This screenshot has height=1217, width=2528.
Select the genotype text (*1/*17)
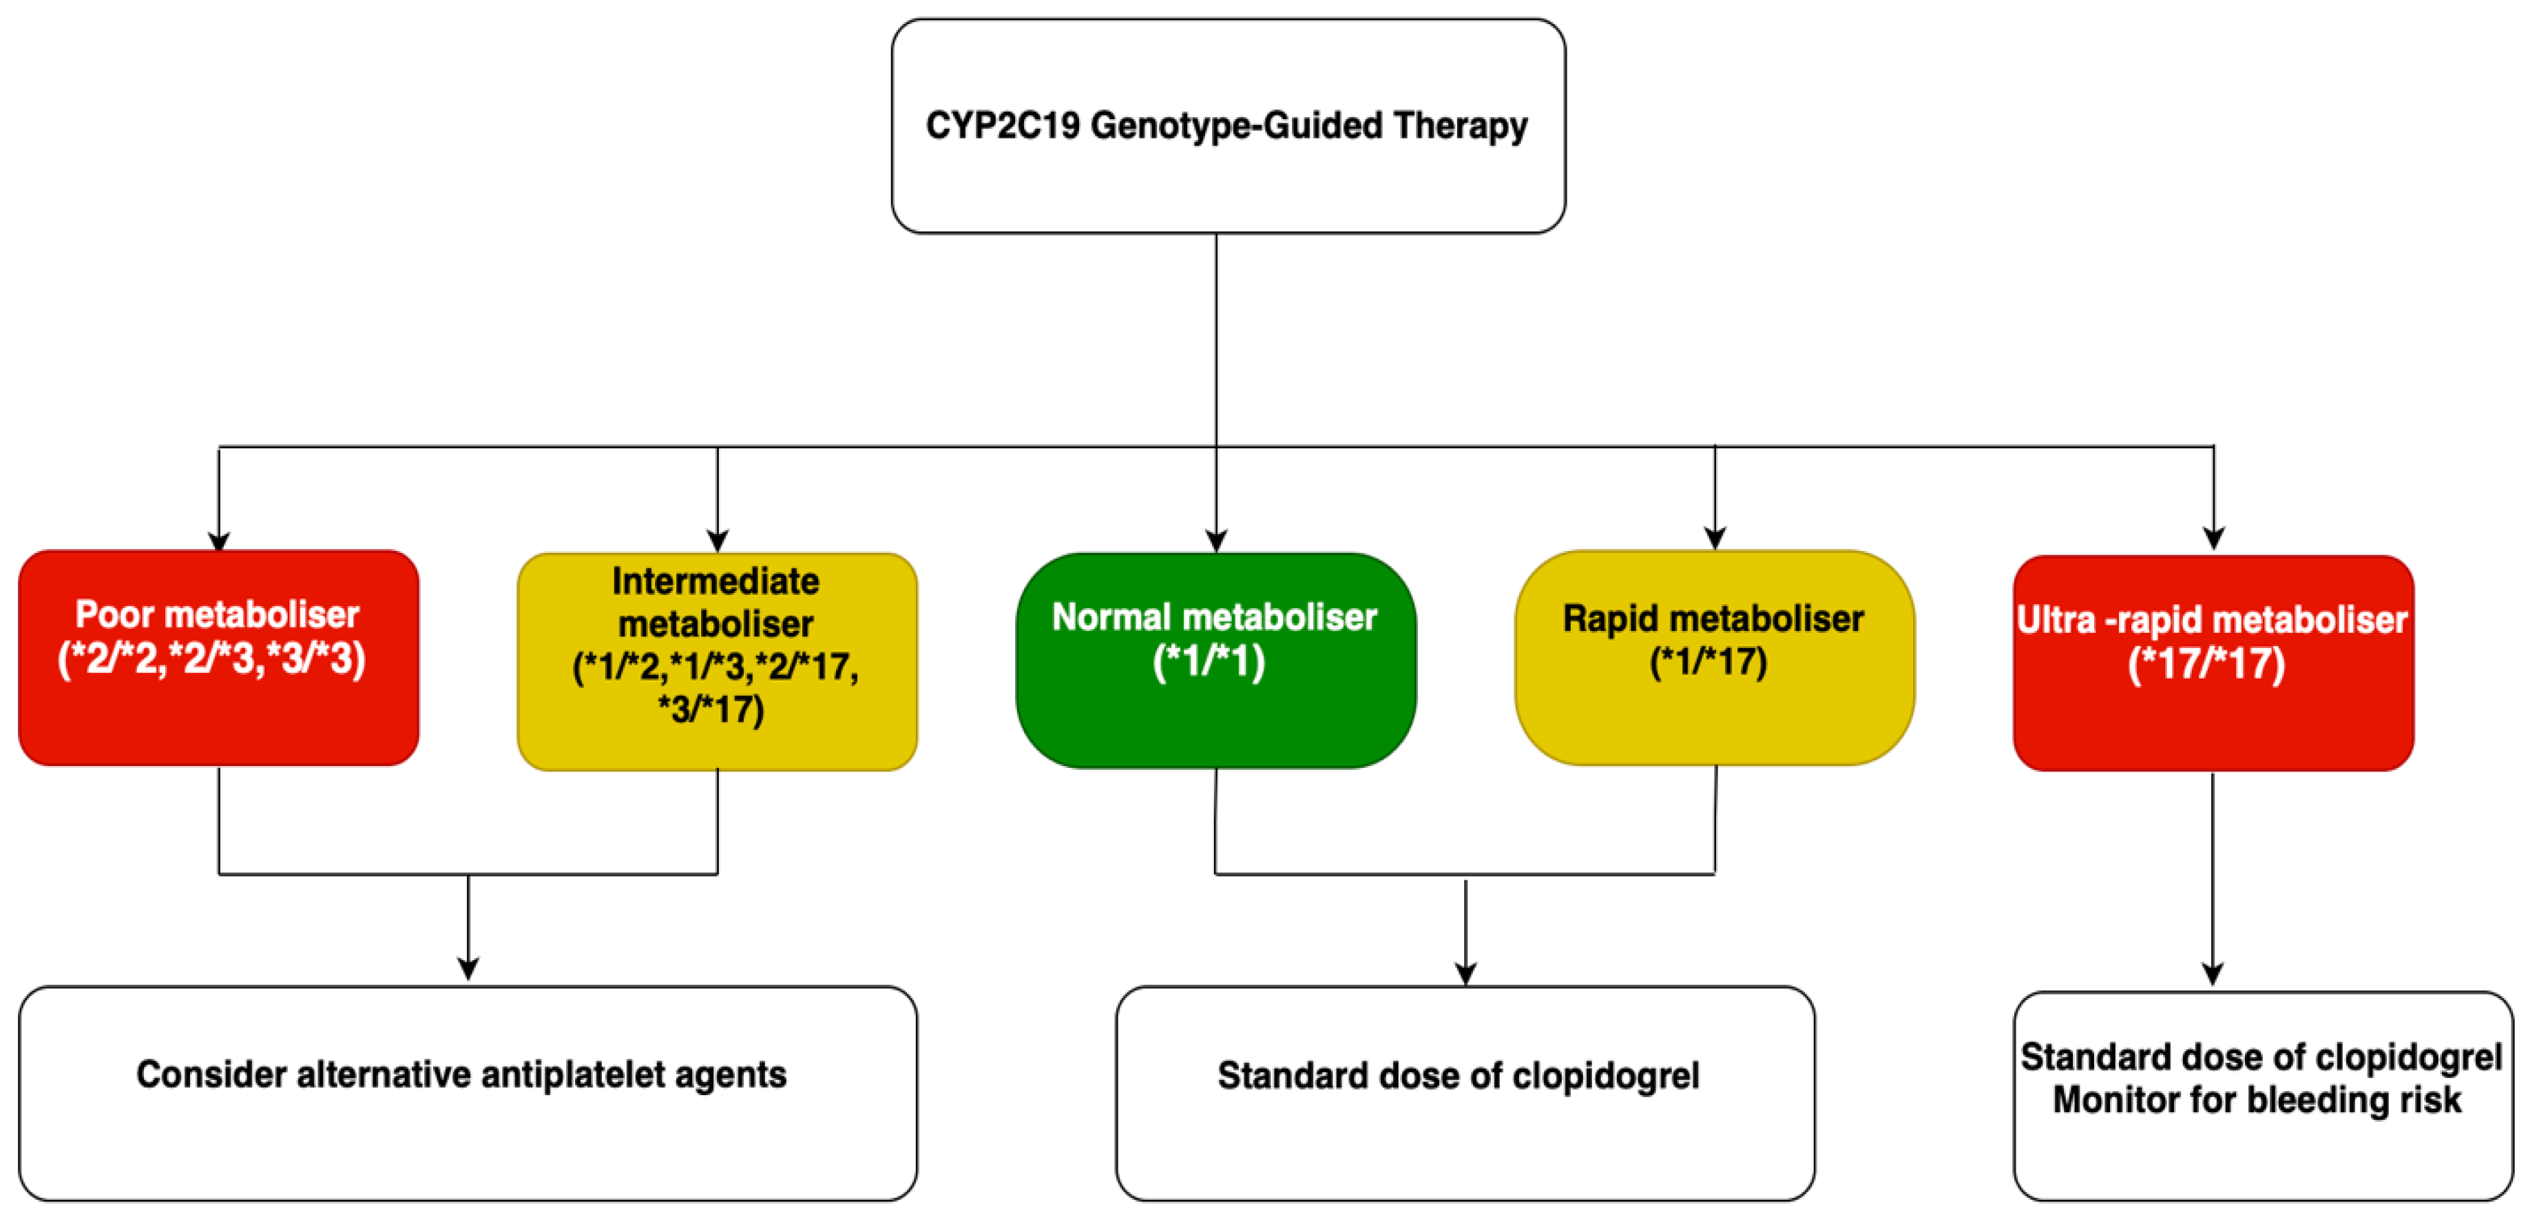point(1708,661)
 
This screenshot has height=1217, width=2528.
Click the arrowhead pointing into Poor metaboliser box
point(219,542)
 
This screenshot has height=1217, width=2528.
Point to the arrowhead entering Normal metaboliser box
point(1216,542)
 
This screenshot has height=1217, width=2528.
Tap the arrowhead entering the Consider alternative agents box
point(468,970)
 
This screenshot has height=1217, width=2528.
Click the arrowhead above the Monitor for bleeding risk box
point(2212,975)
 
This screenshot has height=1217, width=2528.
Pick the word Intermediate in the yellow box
point(715,581)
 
